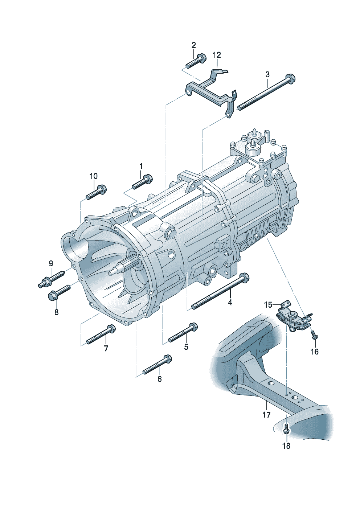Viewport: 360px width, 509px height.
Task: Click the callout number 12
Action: point(217,55)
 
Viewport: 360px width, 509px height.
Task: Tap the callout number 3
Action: point(267,75)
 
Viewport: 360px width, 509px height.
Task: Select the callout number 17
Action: point(266,414)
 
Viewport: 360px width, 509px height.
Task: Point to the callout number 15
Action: point(268,305)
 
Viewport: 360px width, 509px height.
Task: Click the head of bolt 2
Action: point(201,58)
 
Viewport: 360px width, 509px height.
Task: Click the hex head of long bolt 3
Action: point(290,78)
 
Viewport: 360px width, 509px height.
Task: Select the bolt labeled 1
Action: point(142,182)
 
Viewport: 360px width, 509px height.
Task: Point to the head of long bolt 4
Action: point(244,278)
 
